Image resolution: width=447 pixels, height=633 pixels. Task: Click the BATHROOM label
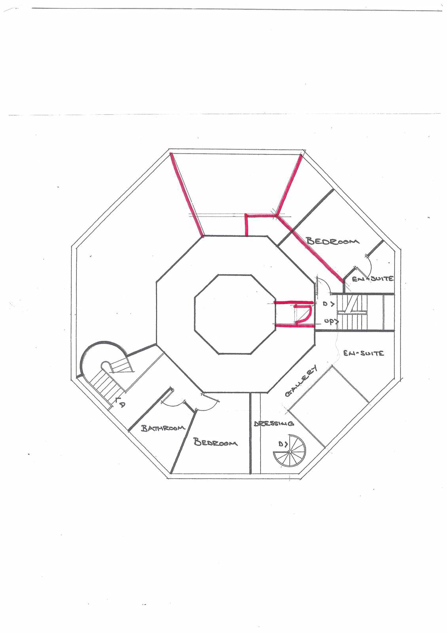click(163, 428)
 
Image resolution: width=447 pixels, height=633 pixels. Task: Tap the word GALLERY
click(301, 380)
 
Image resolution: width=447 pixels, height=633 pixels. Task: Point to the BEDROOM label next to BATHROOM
click(216, 442)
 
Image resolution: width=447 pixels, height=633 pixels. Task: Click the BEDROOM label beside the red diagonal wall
click(333, 241)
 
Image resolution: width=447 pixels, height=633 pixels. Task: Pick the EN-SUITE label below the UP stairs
click(364, 353)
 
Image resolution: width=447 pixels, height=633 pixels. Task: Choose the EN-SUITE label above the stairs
click(373, 278)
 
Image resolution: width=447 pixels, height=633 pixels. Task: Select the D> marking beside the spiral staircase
click(283, 444)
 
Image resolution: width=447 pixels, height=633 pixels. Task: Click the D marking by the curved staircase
click(120, 405)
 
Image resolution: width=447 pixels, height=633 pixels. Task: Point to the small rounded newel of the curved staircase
click(106, 365)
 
